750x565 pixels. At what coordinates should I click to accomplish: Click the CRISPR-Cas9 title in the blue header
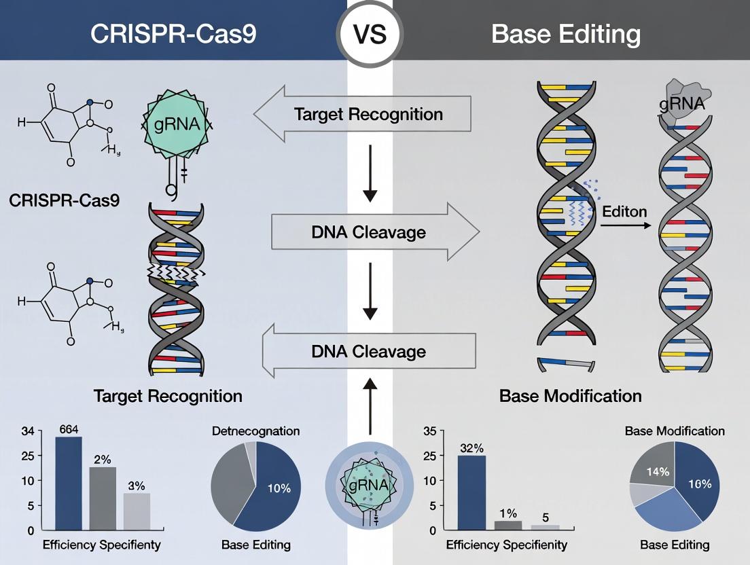click(174, 34)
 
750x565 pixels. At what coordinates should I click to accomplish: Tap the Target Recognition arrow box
click(367, 113)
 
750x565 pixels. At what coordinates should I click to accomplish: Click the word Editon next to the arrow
click(624, 211)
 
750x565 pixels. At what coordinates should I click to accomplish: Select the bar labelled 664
click(68, 483)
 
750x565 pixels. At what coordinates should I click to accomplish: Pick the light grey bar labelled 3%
click(137, 511)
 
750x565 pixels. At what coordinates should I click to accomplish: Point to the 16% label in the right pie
click(699, 484)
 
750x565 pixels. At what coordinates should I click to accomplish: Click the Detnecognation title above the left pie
click(255, 431)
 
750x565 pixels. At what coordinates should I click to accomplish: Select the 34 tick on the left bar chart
click(27, 431)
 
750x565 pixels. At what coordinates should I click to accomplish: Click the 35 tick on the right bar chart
click(429, 431)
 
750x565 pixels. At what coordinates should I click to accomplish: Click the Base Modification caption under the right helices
click(570, 395)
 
